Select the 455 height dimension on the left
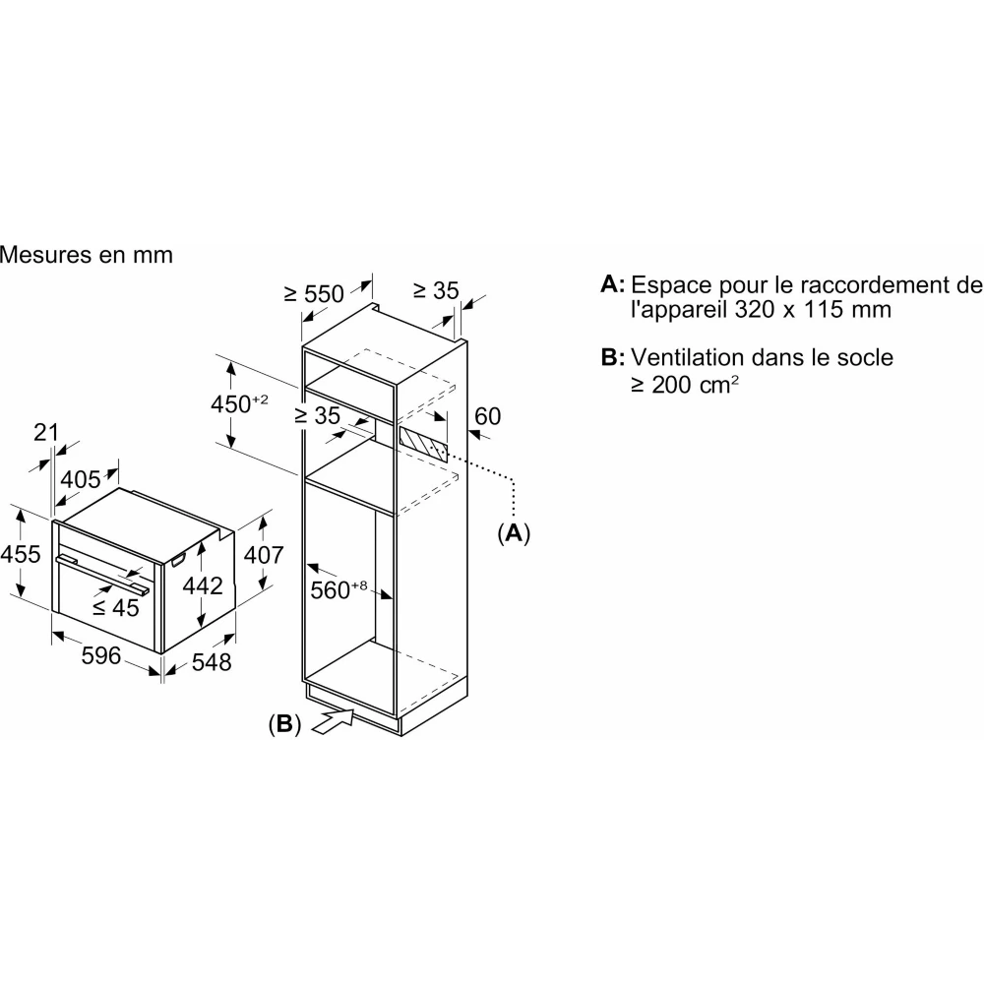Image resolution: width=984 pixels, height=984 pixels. [x=21, y=554]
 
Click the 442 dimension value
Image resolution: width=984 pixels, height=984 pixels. [x=203, y=584]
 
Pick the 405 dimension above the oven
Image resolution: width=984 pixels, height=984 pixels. [x=81, y=479]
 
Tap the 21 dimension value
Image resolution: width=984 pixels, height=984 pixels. [x=46, y=431]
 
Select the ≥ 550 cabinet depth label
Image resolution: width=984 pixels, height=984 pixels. [x=314, y=292]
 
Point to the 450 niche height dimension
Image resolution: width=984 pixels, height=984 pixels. [x=239, y=403]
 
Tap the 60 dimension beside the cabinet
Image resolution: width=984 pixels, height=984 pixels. [x=487, y=416]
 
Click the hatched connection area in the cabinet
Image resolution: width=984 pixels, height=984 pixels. [x=424, y=442]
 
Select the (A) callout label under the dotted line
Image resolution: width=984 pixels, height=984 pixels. [x=513, y=533]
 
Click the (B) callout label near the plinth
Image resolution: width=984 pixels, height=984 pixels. [x=284, y=724]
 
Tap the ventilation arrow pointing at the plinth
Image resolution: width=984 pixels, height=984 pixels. [x=332, y=721]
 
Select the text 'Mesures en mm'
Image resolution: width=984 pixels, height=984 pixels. [x=87, y=255]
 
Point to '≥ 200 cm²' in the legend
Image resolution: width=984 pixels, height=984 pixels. [x=685, y=384]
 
